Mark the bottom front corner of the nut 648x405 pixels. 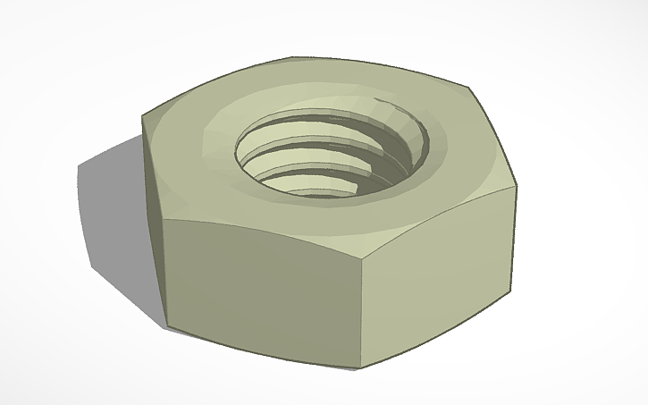pyautogui.click(x=360, y=367)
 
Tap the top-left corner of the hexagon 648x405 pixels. pyautogui.click(x=143, y=115)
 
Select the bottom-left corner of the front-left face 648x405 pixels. pyautogui.click(x=166, y=324)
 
